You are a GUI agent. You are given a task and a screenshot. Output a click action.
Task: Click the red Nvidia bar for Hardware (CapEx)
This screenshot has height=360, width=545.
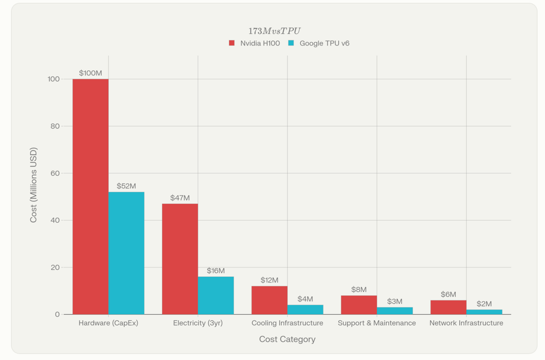click(91, 197)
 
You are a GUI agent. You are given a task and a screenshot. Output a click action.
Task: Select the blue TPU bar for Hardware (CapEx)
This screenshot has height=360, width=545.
click(126, 253)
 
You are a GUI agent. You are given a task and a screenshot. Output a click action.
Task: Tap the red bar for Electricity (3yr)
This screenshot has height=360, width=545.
click(180, 259)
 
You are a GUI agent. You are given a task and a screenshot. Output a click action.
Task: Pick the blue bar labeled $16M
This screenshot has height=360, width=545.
click(216, 295)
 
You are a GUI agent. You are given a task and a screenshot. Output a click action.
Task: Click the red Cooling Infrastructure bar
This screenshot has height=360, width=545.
click(270, 300)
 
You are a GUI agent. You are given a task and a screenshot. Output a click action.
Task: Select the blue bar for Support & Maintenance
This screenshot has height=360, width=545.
click(395, 311)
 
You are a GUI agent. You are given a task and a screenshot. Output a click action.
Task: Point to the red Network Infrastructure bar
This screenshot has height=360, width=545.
click(448, 307)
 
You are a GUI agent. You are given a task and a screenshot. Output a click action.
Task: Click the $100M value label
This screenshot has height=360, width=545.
click(91, 73)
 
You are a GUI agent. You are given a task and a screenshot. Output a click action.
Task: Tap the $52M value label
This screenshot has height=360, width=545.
click(126, 186)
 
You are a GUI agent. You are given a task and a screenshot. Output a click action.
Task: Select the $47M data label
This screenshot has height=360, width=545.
click(180, 198)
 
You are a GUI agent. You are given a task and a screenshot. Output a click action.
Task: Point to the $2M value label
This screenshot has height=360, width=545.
click(484, 304)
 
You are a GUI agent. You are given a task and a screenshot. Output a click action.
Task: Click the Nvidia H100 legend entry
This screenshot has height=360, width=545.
click(255, 43)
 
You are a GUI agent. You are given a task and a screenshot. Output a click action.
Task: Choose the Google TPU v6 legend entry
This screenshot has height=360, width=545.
click(319, 43)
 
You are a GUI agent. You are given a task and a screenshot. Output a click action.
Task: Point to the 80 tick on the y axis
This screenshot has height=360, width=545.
click(53, 126)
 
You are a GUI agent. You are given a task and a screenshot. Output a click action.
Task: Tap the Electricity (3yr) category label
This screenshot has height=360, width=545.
click(198, 323)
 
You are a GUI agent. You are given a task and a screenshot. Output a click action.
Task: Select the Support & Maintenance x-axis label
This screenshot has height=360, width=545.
click(377, 323)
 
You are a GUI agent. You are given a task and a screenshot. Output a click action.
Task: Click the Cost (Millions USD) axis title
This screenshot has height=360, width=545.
click(33, 185)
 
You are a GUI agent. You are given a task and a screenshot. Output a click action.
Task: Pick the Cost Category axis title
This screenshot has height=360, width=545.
click(287, 339)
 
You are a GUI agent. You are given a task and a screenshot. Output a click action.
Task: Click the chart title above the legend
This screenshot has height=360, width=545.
click(274, 31)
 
